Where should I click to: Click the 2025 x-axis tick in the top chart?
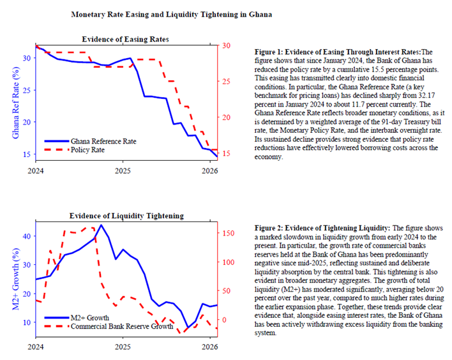[123, 171]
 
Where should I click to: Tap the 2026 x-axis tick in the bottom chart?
[208, 347]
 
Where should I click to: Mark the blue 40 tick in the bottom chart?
[27, 236]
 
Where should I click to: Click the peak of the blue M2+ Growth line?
[101, 225]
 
